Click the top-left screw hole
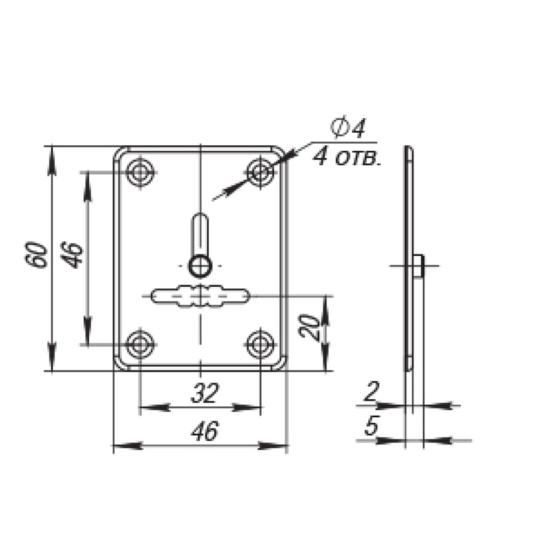(x=140, y=172)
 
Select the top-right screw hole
(x=260, y=172)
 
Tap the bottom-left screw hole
(x=140, y=344)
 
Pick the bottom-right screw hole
(x=260, y=344)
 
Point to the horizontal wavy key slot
(x=200, y=296)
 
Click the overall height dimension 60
(x=35, y=255)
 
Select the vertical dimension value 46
(x=71, y=255)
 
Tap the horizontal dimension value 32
(x=205, y=393)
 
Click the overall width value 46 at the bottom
(x=205, y=431)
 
